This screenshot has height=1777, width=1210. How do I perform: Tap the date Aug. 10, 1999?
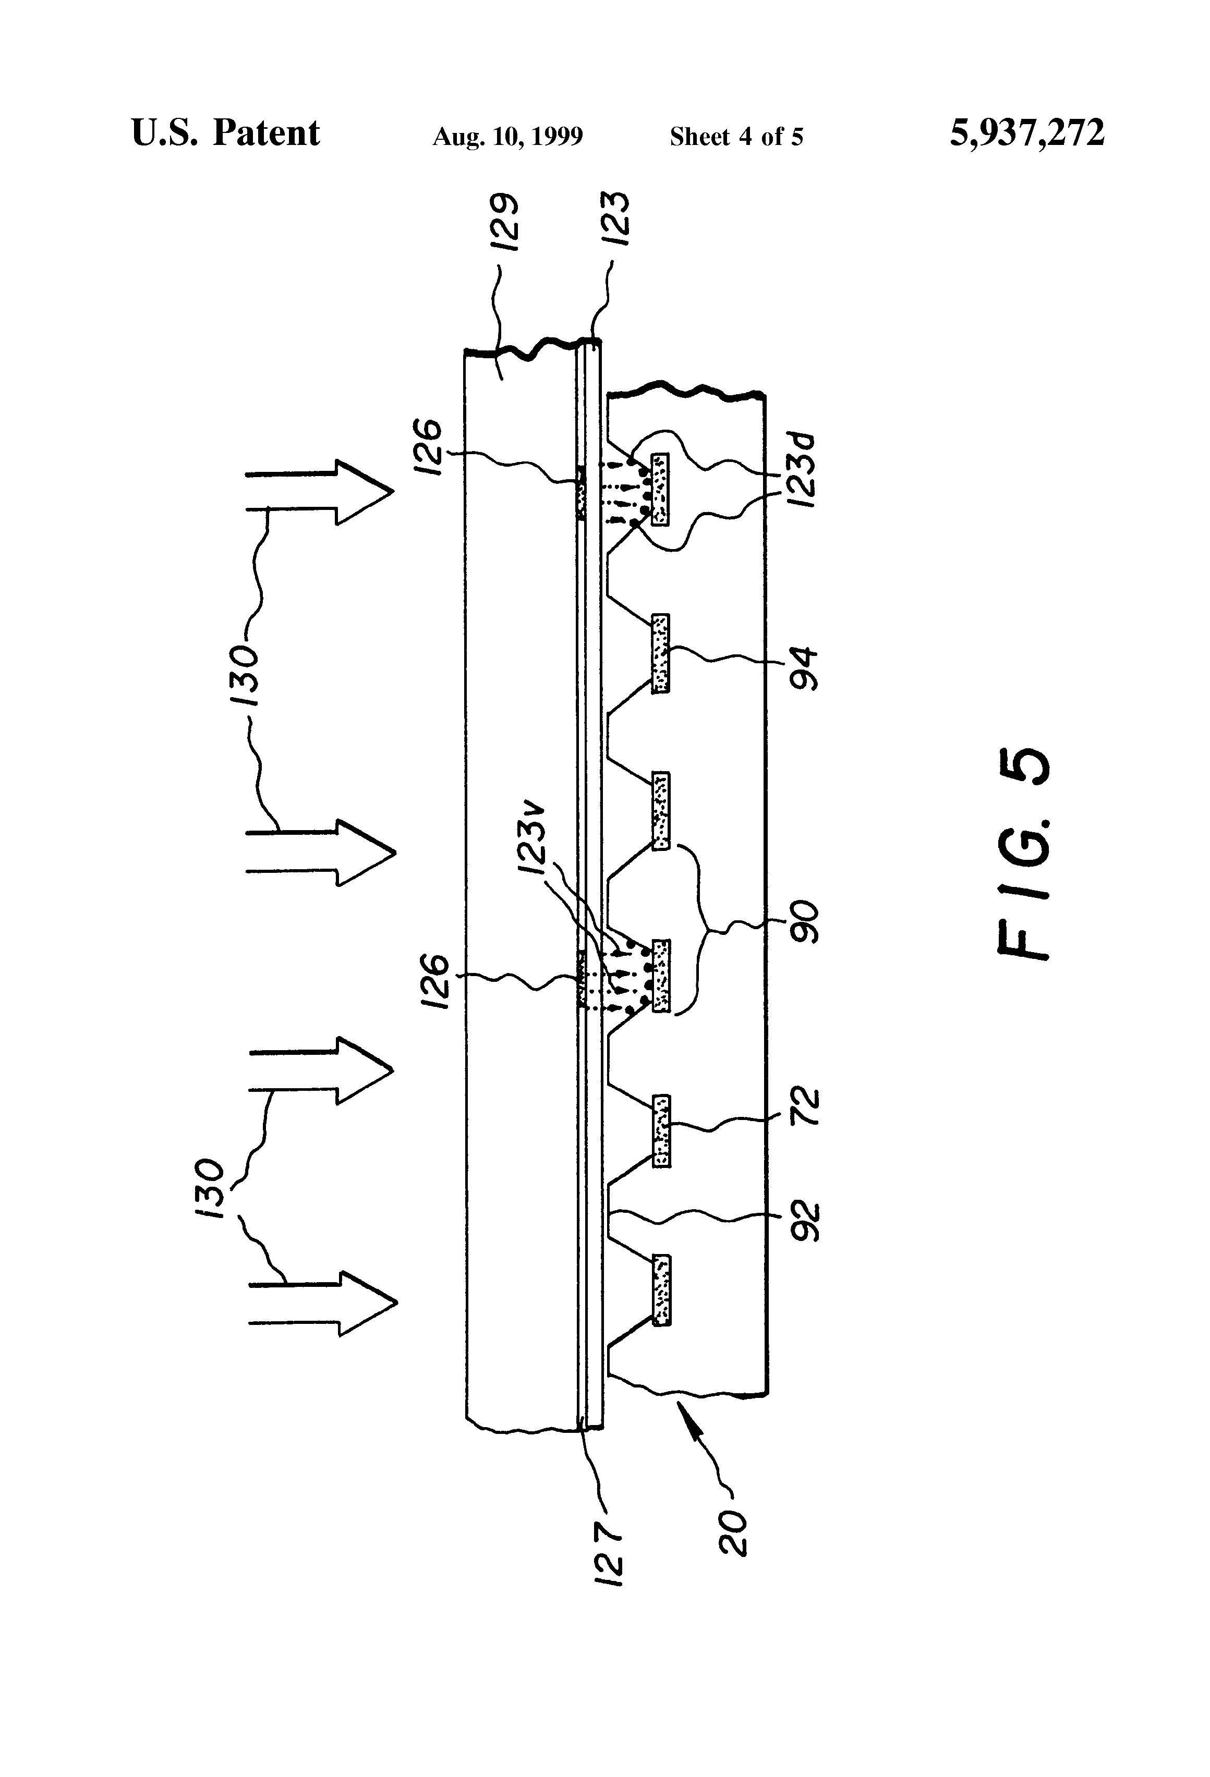pos(508,137)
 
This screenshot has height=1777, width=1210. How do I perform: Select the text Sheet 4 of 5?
pos(736,137)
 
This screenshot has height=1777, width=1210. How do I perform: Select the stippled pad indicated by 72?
pos(661,1131)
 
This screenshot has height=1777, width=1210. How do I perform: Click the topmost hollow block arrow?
pos(321,492)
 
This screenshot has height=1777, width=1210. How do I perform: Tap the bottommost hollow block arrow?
pos(325,1304)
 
